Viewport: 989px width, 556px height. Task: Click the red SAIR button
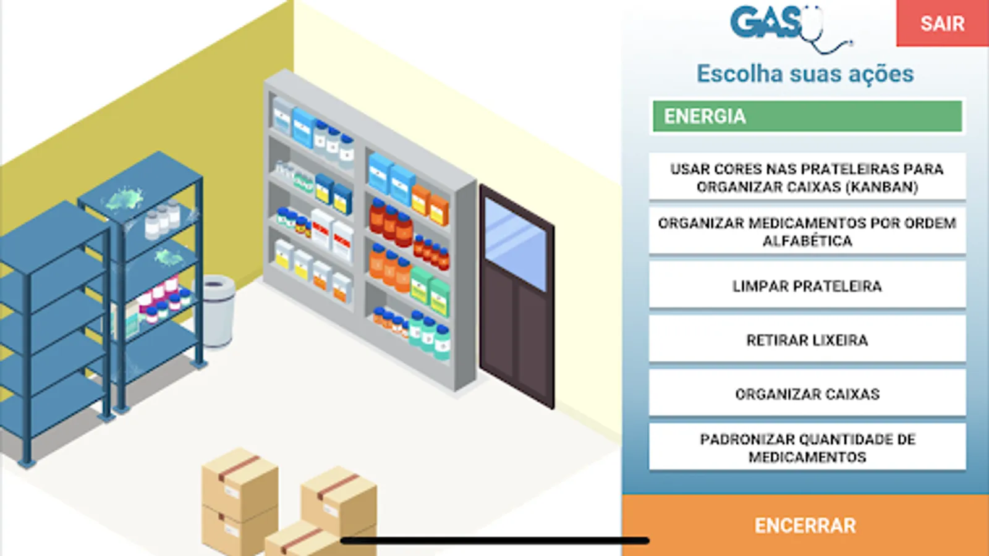942,23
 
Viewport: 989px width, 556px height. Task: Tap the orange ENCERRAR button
805,525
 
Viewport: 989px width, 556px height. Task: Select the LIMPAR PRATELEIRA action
807,286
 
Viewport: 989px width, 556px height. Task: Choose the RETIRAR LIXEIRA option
807,340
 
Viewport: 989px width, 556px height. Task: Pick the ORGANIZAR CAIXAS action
807,394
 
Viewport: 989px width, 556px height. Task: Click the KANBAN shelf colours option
807,177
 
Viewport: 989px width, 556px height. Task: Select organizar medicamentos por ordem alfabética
807,232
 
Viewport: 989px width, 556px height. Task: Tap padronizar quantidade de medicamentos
807,447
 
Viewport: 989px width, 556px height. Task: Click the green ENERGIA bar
807,116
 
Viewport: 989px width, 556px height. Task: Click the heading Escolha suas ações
805,74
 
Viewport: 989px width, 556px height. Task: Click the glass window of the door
516,244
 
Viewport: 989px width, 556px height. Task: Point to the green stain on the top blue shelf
124,199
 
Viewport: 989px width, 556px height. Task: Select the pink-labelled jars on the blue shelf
163,298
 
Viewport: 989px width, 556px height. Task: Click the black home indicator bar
494,541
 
